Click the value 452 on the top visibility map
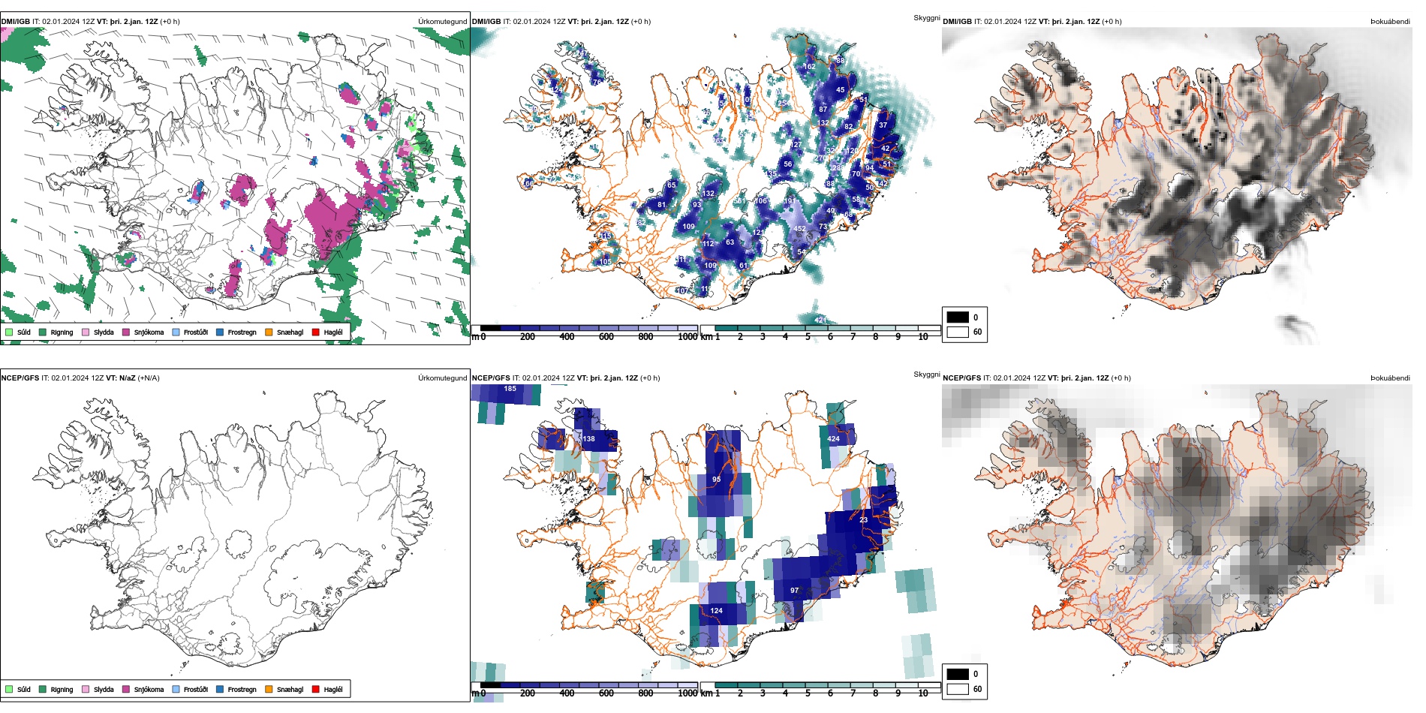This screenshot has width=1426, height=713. [800, 229]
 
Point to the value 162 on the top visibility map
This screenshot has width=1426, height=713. [809, 67]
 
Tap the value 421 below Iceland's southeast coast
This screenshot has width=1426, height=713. [820, 320]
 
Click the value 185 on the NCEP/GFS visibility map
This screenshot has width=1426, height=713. [510, 389]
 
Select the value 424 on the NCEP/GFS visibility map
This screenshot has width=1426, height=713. [833, 439]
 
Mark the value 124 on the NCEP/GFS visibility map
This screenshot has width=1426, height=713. [717, 611]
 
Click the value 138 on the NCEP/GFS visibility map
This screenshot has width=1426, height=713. [588, 439]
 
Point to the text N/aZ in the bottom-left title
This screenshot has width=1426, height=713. [127, 378]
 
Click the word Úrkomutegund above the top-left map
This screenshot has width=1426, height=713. [442, 22]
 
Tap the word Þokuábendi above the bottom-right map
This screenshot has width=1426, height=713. [1390, 378]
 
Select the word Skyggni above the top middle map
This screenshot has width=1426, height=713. [926, 18]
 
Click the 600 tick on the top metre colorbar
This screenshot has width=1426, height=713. [606, 337]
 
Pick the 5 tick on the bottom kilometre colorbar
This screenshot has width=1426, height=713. [808, 693]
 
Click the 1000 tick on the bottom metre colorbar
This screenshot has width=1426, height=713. [687, 693]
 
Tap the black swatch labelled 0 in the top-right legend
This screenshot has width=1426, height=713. [958, 317]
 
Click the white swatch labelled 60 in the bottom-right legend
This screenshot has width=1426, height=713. [958, 689]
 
